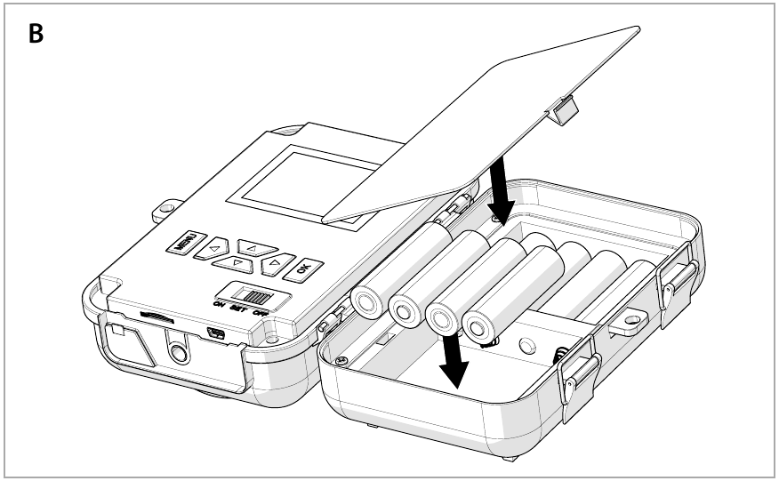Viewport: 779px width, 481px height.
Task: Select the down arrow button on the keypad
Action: click(x=236, y=263)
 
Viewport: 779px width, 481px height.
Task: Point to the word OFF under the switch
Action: click(x=262, y=314)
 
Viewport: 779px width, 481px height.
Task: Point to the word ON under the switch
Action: click(x=219, y=305)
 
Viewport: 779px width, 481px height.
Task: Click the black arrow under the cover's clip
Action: click(x=501, y=191)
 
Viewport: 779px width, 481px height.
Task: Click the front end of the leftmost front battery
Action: click(x=366, y=302)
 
